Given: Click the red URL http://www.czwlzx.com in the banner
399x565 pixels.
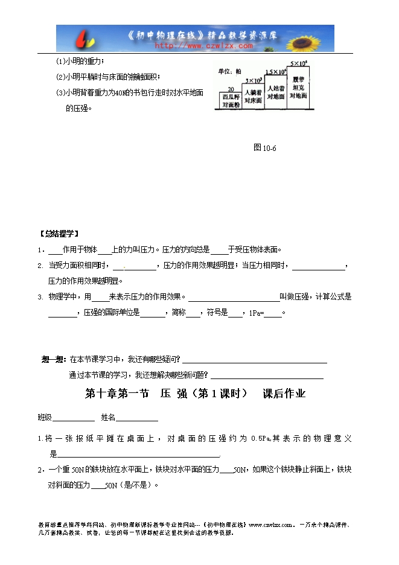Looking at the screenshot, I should coord(203,45).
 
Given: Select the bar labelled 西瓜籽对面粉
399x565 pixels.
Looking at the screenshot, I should coord(229,100).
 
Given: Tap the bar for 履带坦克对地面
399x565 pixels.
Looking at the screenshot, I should coord(298,88).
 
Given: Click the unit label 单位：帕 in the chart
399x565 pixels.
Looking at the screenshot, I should coord(229,71).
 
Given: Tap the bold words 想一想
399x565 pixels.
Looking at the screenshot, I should coord(53,359).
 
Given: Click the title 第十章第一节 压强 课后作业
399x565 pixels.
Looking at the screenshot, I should coord(196,394).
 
